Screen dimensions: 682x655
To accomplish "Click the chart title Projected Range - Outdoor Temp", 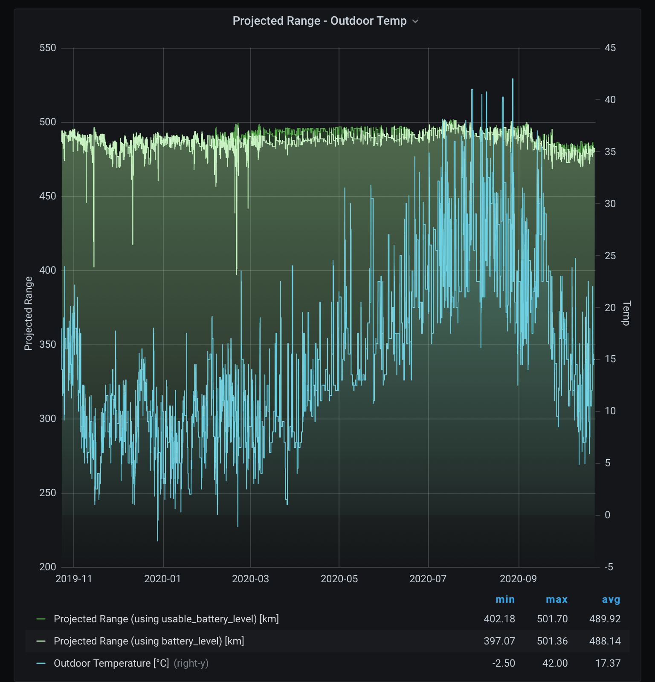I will coord(319,21).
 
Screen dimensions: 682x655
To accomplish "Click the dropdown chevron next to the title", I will coord(415,21).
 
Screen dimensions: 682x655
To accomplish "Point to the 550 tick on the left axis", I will coord(48,48).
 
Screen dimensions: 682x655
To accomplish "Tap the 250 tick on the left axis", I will coord(48,493).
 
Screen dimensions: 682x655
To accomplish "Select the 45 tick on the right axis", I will coord(610,48).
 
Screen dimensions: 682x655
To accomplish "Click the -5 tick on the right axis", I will coord(609,567).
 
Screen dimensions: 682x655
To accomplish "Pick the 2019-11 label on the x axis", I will coord(74,579).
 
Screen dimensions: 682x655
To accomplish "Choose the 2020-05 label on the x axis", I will coord(339,579).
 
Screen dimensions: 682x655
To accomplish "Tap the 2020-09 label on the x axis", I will coord(518,579).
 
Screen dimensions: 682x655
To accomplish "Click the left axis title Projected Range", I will coord(29,313).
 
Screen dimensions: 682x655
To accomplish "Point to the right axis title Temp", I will coord(626,313).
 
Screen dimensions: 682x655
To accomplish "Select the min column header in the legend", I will coord(505,599).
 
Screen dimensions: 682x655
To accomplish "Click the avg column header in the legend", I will coord(611,599).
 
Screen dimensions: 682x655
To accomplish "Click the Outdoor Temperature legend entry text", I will coord(111,663).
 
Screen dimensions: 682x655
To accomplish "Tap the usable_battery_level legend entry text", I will coord(166,619).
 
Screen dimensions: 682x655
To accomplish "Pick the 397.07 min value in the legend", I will coord(499,641).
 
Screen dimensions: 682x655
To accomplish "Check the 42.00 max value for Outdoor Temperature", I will coord(555,663).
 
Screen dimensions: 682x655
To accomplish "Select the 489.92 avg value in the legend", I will coord(605,619).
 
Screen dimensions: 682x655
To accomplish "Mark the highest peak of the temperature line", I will coord(513,79).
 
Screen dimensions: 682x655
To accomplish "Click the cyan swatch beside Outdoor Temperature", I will coord(41,663).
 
